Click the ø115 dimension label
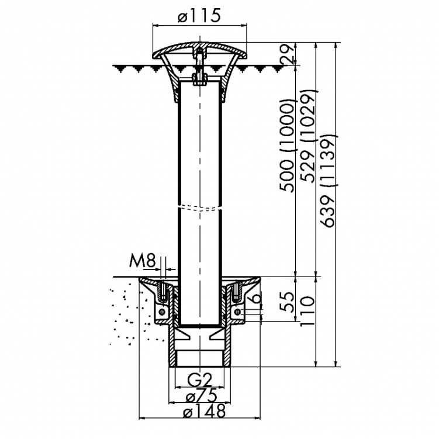coord(199,16)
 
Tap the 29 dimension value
coord(288,54)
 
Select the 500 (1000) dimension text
coord(288,146)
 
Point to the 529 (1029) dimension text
coord(309,136)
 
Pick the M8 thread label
coord(142,261)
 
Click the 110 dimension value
coord(307,311)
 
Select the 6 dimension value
coord(257,297)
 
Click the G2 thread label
coord(199,380)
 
